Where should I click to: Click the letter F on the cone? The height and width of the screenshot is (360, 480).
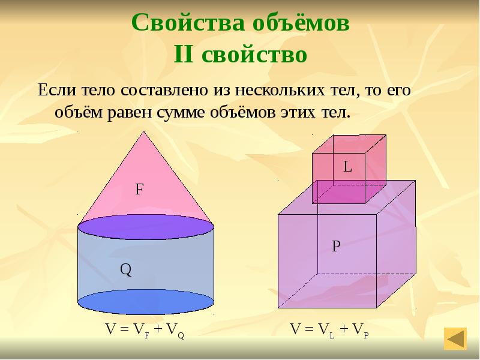coord(139,190)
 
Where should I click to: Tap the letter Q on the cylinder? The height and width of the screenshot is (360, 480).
coord(125,270)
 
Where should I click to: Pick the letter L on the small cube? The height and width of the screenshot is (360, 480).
coord(347,167)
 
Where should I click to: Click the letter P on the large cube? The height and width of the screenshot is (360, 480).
coord(337,246)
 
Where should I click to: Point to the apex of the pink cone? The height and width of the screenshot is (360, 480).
coord(146,133)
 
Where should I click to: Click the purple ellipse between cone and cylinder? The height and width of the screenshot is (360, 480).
coord(146,227)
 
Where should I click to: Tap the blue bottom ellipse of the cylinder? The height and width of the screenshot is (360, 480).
coord(146,302)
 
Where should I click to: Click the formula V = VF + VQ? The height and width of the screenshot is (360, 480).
coord(145,329)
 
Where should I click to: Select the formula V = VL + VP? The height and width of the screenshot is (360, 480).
coord(329,329)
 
